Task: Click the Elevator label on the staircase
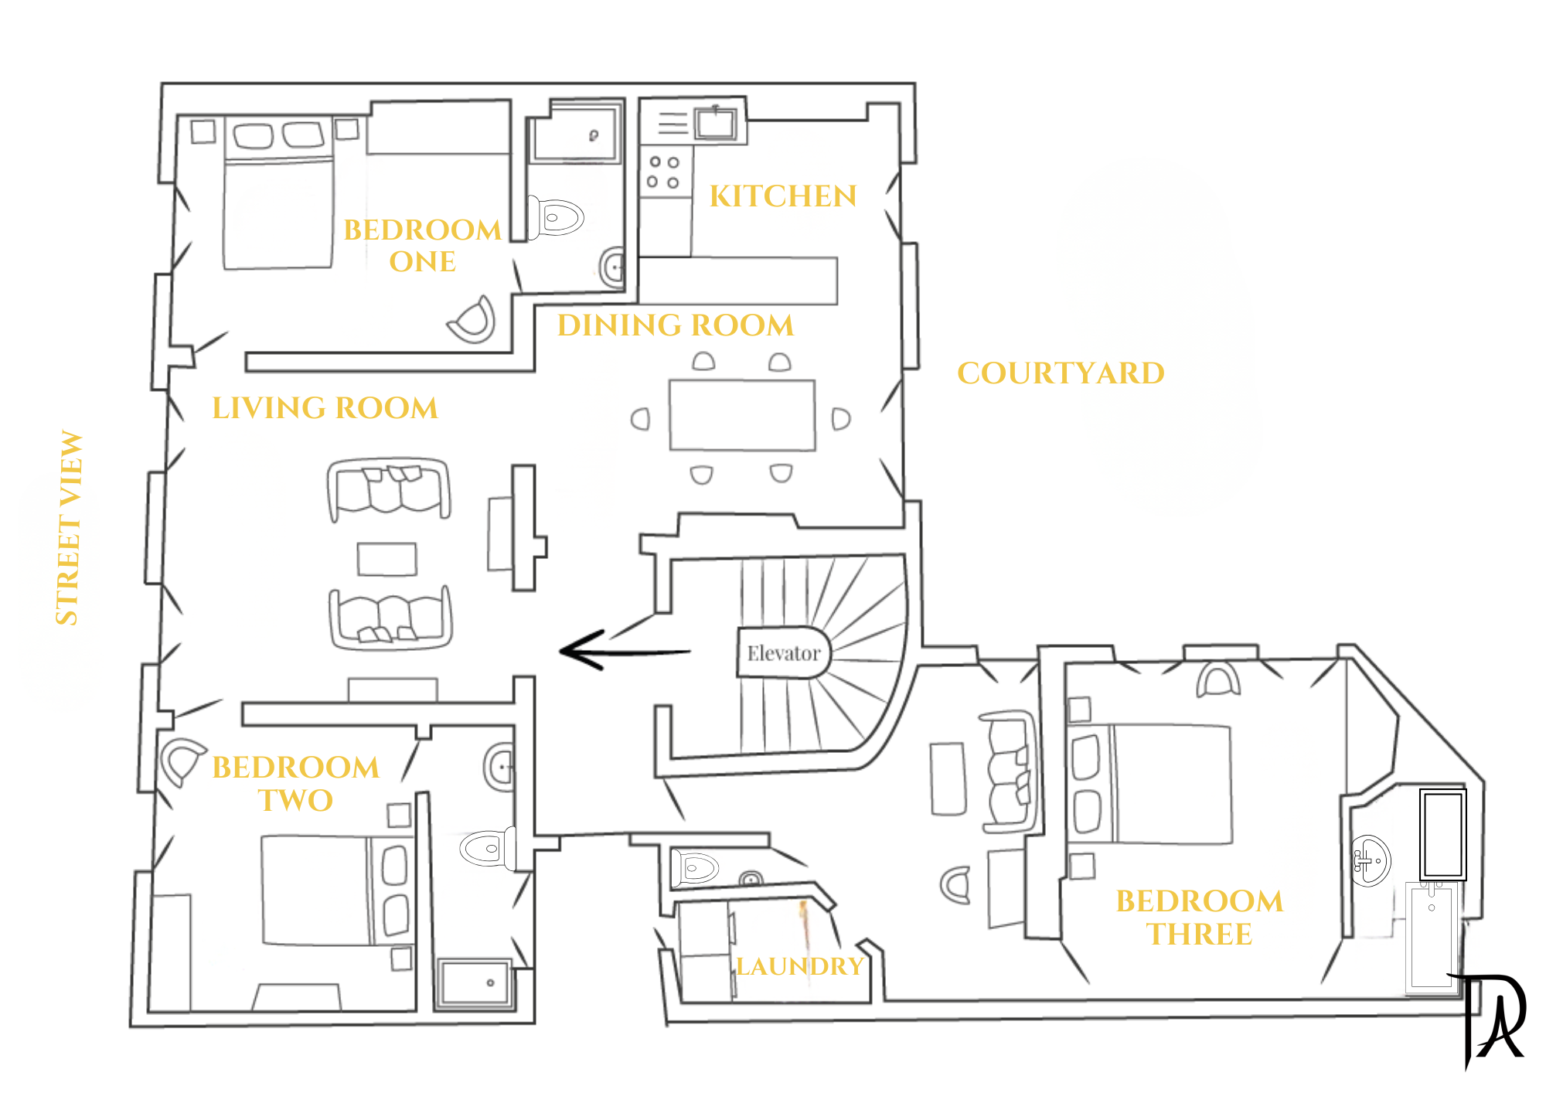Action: (783, 653)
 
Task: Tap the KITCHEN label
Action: (783, 196)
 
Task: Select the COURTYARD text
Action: (1061, 373)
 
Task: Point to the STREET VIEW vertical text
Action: (69, 527)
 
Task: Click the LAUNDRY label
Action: (799, 966)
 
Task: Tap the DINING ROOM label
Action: (676, 325)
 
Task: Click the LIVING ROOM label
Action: (325, 408)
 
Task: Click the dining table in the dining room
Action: (742, 415)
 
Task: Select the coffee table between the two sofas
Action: (387, 559)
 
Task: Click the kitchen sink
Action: (715, 123)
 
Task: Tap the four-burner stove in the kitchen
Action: (664, 172)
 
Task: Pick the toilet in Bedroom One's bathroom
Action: (555, 217)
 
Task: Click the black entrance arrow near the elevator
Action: (625, 650)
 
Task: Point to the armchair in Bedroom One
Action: (472, 320)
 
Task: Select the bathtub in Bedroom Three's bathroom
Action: (1442, 834)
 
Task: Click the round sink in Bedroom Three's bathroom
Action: (1371, 860)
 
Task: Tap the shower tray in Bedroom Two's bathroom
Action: (475, 984)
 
